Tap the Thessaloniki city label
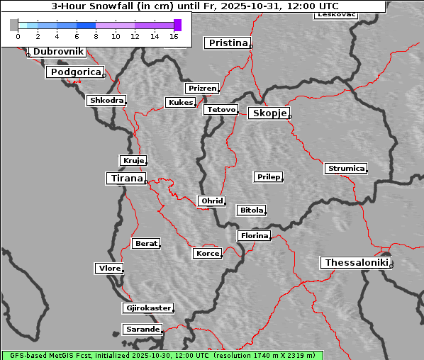point(356,263)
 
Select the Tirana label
point(125,179)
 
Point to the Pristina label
point(228,43)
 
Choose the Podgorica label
point(74,72)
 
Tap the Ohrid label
point(211,201)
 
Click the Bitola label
point(251,210)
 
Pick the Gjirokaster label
point(147,308)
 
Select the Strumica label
point(346,169)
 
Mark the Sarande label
point(142,330)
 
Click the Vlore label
point(108,268)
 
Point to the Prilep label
point(268,176)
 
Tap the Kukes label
point(180,103)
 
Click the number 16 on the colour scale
point(173,36)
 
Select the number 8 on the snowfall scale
point(96,36)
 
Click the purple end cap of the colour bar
point(177,25)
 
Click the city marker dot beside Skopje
point(289,116)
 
